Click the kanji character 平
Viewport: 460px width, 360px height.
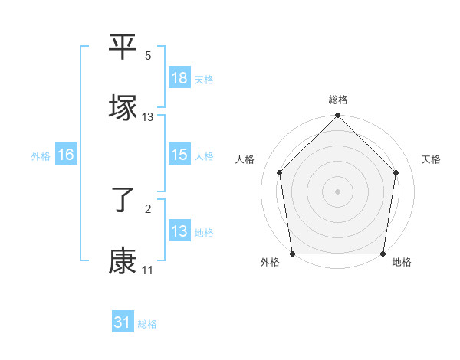[x=123, y=47]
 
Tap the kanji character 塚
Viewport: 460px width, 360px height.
[x=123, y=107]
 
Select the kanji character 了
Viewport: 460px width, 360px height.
[x=123, y=201]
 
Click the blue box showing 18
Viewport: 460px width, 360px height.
[x=179, y=78]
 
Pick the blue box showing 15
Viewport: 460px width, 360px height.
[x=179, y=155]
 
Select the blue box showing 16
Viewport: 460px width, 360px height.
[x=66, y=155]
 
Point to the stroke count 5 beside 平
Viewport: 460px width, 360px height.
[x=148, y=56]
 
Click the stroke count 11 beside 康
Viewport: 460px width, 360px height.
[x=147, y=270]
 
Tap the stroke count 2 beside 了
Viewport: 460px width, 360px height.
[x=148, y=210]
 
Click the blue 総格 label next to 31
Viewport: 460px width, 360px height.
[x=147, y=324]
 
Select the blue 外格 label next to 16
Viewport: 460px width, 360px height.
[x=41, y=155]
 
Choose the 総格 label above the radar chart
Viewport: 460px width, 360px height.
[x=338, y=100]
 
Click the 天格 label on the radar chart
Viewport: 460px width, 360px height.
[x=432, y=159]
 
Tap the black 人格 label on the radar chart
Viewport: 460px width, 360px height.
[x=245, y=159]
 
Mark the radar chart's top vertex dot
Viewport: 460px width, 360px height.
[x=338, y=116]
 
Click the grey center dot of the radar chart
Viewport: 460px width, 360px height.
[x=338, y=191]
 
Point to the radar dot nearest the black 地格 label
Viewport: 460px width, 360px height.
[x=383, y=254]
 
